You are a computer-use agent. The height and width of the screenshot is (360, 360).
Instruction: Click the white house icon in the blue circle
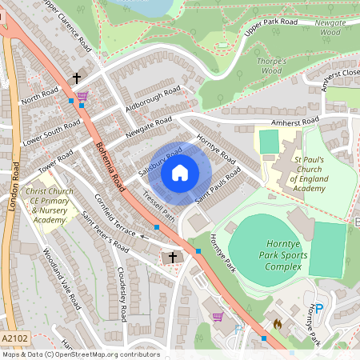coord(180,173)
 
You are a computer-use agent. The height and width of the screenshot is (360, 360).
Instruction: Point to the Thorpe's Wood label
coord(272,66)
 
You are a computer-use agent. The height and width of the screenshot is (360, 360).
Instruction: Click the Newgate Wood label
coord(328,28)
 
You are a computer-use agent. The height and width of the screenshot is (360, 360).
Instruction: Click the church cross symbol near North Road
coord(78,78)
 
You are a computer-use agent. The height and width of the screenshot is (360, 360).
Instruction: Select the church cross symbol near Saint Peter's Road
coord(171,258)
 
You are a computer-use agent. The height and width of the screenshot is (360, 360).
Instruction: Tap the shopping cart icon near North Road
coord(83,95)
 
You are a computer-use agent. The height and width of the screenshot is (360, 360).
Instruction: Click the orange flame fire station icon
coord(277,324)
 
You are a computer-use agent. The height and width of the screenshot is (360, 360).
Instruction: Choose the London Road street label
coord(14,189)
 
